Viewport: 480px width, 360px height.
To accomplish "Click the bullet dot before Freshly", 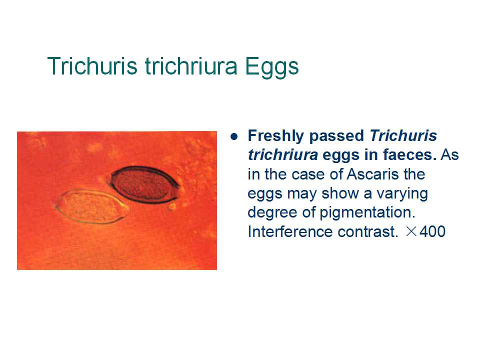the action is click(234, 136).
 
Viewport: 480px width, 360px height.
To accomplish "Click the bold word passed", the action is click(336, 136).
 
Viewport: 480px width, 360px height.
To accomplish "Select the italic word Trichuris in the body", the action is click(403, 135).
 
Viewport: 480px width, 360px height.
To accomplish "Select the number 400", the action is click(432, 231).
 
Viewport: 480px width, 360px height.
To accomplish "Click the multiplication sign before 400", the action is click(411, 231).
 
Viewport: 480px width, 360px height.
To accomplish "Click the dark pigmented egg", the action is click(144, 183).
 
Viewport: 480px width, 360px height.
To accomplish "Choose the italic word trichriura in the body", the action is click(282, 155).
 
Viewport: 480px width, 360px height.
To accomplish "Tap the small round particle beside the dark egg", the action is click(172, 207).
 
